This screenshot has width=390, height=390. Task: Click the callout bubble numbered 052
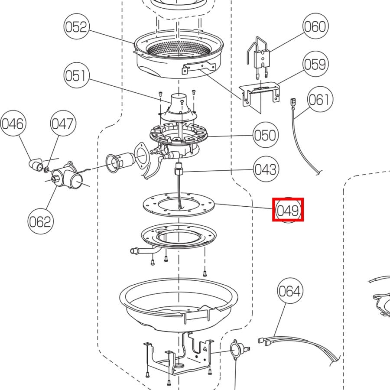coord(76,27)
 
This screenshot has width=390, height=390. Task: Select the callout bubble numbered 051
coord(76,76)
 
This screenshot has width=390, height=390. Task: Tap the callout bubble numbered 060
coord(314,27)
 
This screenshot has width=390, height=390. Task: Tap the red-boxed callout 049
coord(288,210)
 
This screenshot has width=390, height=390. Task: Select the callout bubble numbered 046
coord(13,124)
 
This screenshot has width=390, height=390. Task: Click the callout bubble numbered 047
coord(63,124)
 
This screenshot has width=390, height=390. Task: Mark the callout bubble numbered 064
coord(289,292)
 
